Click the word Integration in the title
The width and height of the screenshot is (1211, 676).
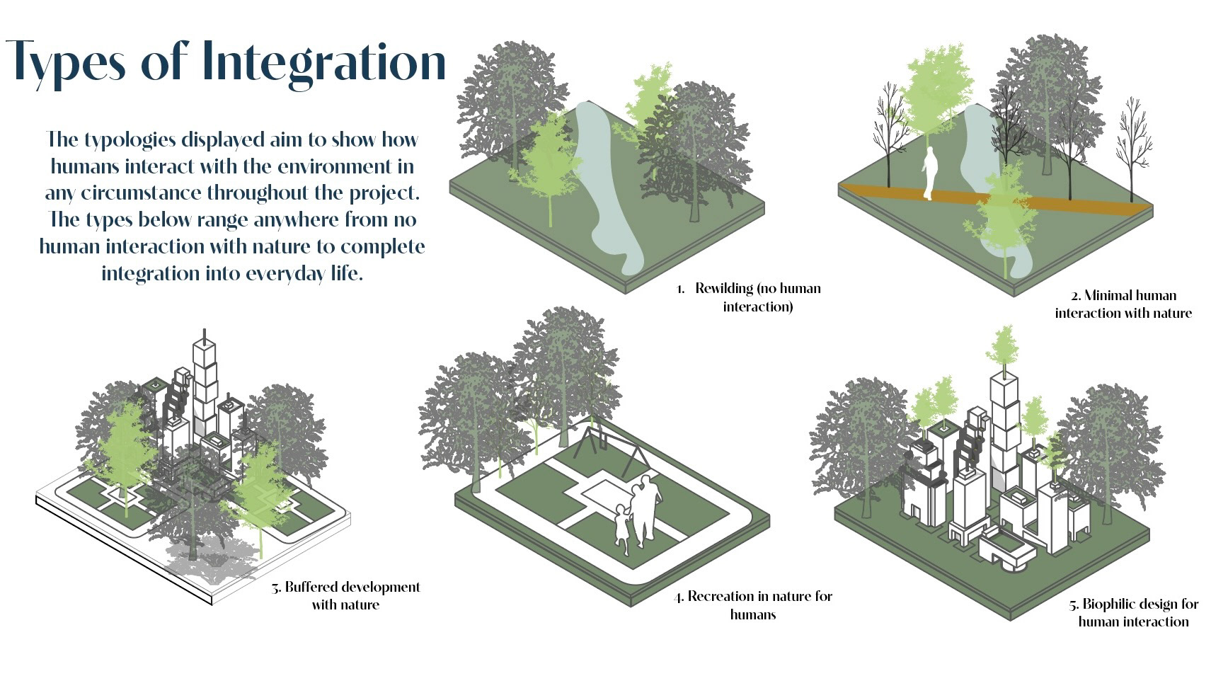point(323,62)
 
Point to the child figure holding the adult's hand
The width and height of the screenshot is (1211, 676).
point(621,528)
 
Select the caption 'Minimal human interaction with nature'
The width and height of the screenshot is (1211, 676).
point(1123,304)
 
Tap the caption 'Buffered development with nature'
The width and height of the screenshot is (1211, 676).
point(346,596)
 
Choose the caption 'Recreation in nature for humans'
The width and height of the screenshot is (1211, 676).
point(753,605)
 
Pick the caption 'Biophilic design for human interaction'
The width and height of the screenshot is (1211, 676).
point(1133,613)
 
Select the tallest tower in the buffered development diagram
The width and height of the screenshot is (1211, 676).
point(205,382)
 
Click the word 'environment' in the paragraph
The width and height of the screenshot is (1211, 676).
point(335,167)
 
